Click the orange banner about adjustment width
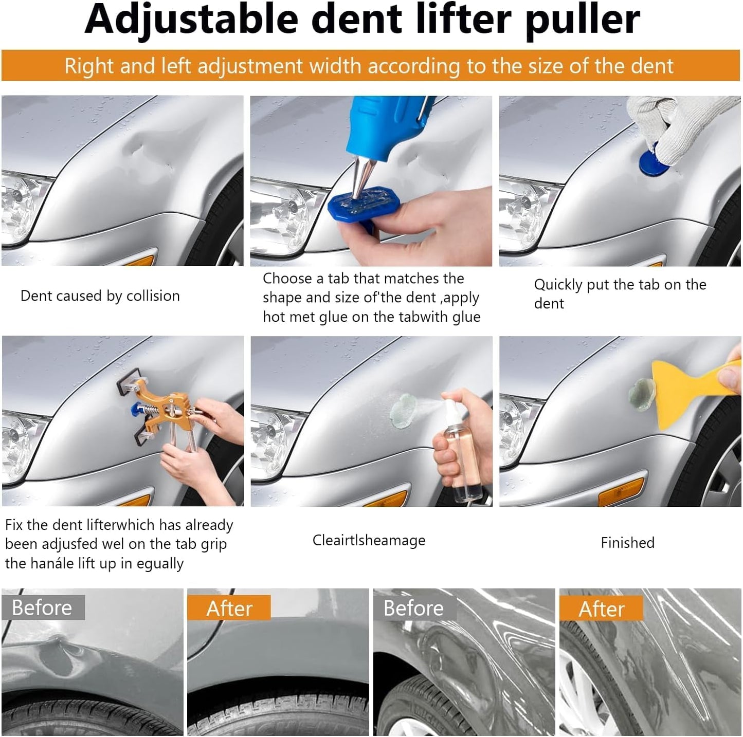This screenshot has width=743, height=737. point(370,66)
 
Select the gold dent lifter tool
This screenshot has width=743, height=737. point(165,411)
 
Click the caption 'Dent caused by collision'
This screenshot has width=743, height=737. point(100,296)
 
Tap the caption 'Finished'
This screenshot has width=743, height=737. point(627,543)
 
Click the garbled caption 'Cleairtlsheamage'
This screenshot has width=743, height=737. point(369,541)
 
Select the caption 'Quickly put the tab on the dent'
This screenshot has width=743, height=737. point(620,294)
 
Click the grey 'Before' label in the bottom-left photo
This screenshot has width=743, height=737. point(42,607)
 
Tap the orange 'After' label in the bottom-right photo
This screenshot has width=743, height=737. point(601,609)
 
